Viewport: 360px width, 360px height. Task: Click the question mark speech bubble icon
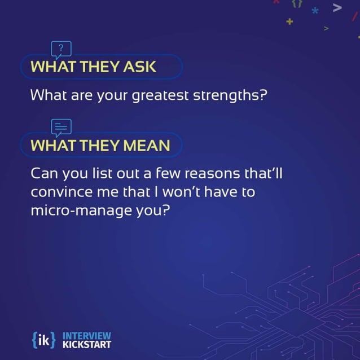coord(61,49)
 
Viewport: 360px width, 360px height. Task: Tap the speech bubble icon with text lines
coord(61,127)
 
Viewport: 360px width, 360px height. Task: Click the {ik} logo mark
coord(44,339)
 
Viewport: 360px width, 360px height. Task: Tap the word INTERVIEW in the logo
coord(87,335)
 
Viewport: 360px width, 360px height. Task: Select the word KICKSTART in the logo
coord(87,344)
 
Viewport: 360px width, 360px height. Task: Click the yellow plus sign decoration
coord(289,21)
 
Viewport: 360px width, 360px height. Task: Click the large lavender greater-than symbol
coord(337,7)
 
